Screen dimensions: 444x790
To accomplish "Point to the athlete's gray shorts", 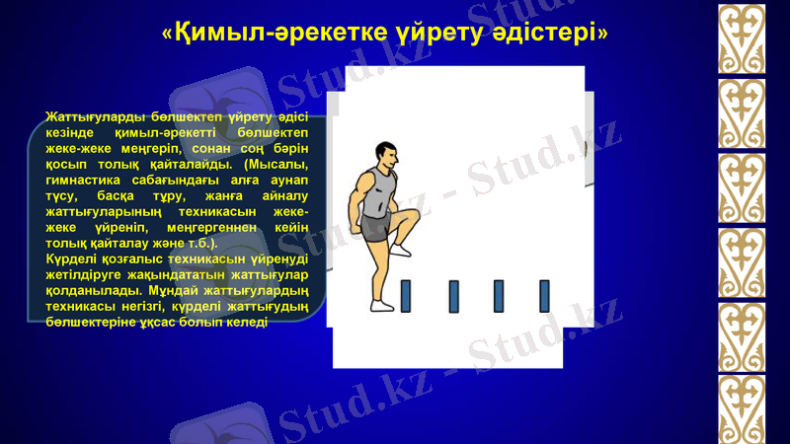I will [x=377, y=227].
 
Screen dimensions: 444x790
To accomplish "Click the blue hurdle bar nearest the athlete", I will [x=406, y=294].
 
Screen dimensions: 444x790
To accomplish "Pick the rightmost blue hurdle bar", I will [x=544, y=294].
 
